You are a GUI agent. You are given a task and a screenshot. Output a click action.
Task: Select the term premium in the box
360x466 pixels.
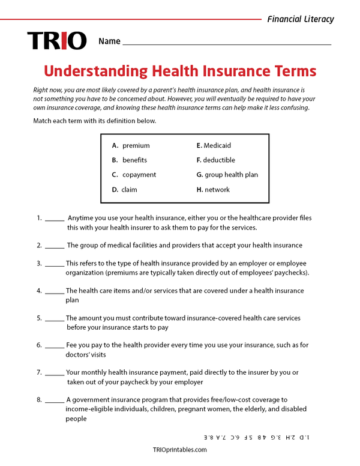click(x=136, y=145)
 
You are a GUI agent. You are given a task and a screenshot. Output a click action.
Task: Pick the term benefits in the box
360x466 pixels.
click(x=134, y=160)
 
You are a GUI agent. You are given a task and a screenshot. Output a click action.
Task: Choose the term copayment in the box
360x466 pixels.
click(x=139, y=175)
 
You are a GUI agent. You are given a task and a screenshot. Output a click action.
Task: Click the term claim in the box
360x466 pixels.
click(x=129, y=190)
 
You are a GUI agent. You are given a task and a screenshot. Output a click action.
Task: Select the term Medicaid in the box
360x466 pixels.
click(x=217, y=145)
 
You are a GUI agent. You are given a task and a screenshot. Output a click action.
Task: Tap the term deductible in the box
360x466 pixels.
click(x=219, y=160)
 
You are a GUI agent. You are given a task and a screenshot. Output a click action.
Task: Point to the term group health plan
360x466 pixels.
click(x=230, y=175)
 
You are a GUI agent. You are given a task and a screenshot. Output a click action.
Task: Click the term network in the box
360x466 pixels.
click(x=217, y=190)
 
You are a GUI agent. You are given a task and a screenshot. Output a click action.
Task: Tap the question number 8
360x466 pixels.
click(x=39, y=400)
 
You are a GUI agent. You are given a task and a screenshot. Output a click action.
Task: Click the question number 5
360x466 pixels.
click(x=39, y=318)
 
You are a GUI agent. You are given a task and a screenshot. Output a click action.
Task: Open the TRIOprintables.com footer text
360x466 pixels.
click(x=180, y=450)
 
